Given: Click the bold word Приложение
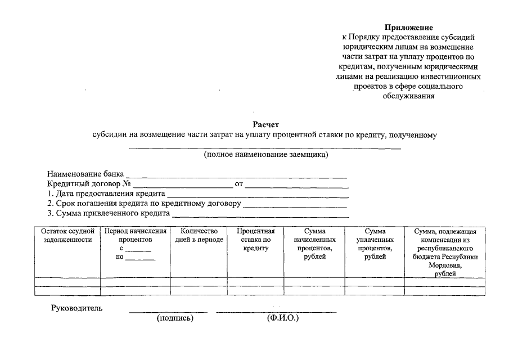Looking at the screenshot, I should click(409, 27).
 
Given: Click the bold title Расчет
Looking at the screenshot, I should click(265, 124).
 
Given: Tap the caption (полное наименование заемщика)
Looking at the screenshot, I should click(265, 154).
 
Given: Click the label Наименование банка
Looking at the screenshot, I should click(85, 174).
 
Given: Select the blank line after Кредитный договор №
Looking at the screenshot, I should click(183, 186).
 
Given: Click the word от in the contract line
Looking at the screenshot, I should click(238, 184).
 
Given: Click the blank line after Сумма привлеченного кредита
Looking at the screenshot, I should click(260, 216).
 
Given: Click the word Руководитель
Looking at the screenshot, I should click(76, 308).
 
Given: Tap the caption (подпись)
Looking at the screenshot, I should click(175, 318).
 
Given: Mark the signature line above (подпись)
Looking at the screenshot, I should click(168, 312).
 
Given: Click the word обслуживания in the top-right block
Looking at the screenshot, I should click(409, 96).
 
